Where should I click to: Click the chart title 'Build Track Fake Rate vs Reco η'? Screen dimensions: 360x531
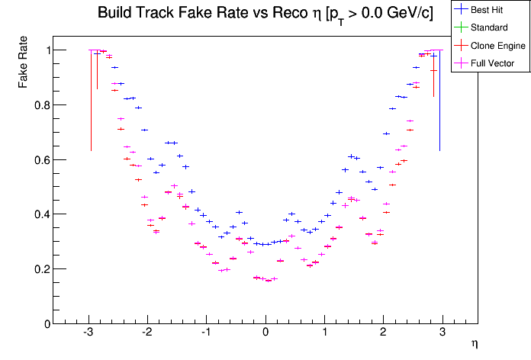click(265, 14)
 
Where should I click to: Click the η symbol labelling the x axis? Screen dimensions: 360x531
click(474, 344)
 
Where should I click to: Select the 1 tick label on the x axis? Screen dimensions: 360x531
click(324, 333)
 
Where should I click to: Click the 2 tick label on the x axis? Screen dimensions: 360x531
click(384, 333)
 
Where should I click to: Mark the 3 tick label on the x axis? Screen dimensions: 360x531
click(443, 333)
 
